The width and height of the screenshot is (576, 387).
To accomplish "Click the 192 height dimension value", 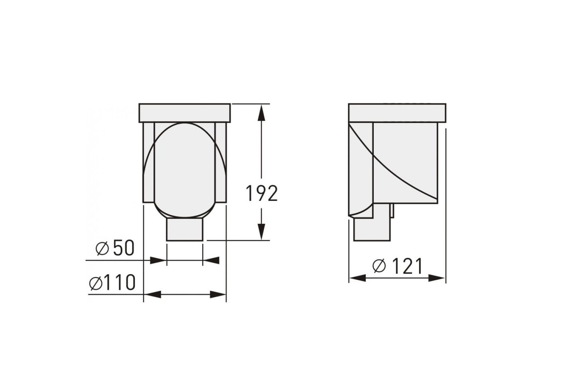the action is (262, 193).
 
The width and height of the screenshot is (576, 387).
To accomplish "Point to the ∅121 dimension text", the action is (398, 266).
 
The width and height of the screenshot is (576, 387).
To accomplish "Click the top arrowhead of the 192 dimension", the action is (261, 112).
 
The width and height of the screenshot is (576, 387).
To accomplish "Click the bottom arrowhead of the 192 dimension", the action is (261, 231).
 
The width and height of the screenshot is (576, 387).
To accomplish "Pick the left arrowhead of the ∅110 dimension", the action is (152, 295).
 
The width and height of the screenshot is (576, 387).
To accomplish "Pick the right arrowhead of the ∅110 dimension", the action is (218, 295).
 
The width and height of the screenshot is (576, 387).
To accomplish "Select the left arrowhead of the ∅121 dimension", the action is (357, 278).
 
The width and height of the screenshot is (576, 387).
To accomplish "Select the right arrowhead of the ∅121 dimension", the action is (436, 278).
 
